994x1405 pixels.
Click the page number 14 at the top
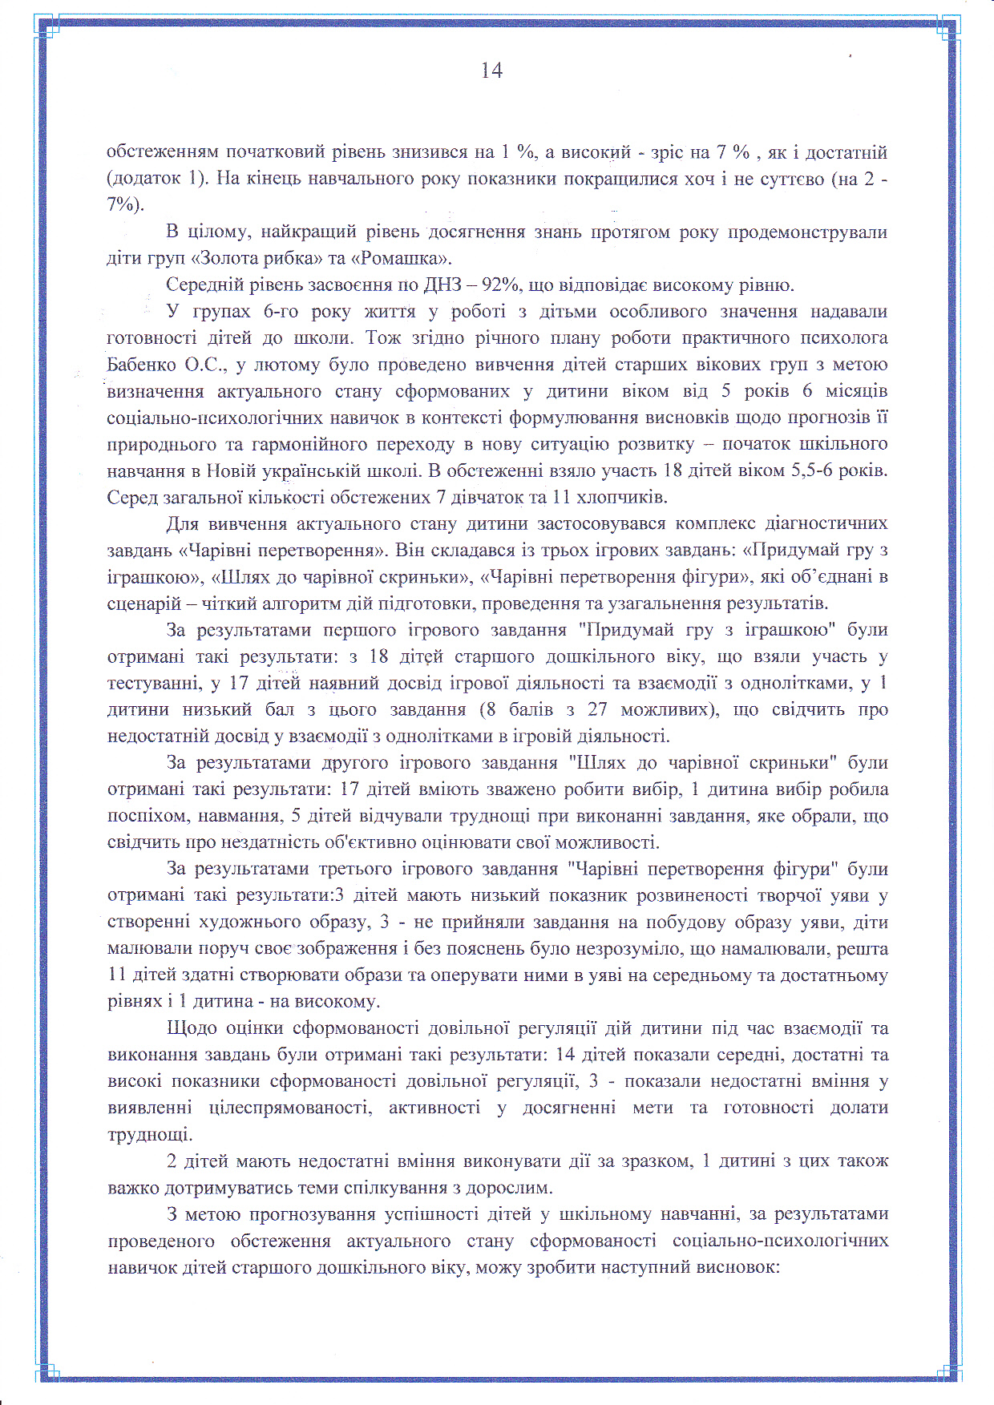tap(491, 71)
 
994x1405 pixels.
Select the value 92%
tap(500, 285)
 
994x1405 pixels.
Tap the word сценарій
tap(142, 603)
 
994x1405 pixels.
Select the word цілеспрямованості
tap(290, 1108)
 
